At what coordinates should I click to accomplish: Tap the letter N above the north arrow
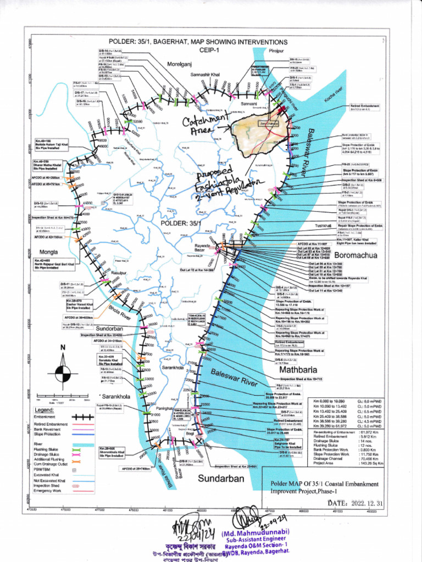tap(63, 347)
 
